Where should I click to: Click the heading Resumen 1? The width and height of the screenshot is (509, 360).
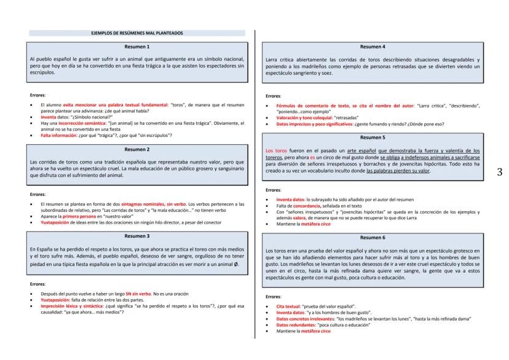coord(136,47)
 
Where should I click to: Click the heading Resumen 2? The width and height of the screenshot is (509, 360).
coord(136,149)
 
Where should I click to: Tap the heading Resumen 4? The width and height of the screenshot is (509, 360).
coord(374,47)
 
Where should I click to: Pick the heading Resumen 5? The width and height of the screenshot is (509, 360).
coord(374,138)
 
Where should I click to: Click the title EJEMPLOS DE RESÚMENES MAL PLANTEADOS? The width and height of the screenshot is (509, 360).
coord(136,33)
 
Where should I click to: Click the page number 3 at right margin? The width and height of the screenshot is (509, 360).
coord(499,172)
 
